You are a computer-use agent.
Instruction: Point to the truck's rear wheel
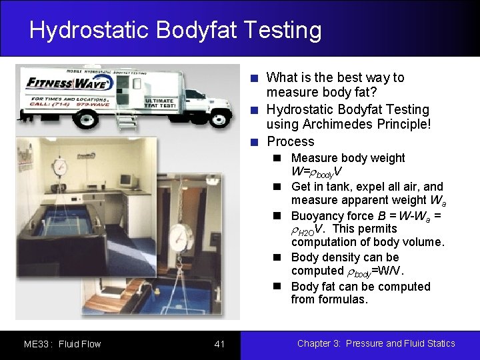pyautogui.click(x=86, y=119)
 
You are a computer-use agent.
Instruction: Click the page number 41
pyautogui.click(x=219, y=344)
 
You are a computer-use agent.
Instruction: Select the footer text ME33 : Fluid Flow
pyautogui.click(x=62, y=344)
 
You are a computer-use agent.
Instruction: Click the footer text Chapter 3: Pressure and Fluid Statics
pyautogui.click(x=376, y=343)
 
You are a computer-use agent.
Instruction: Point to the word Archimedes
pyautogui.click(x=331, y=125)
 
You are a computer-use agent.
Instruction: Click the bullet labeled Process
pyautogui.click(x=290, y=141)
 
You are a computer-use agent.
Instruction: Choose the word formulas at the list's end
pyautogui.click(x=344, y=299)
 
